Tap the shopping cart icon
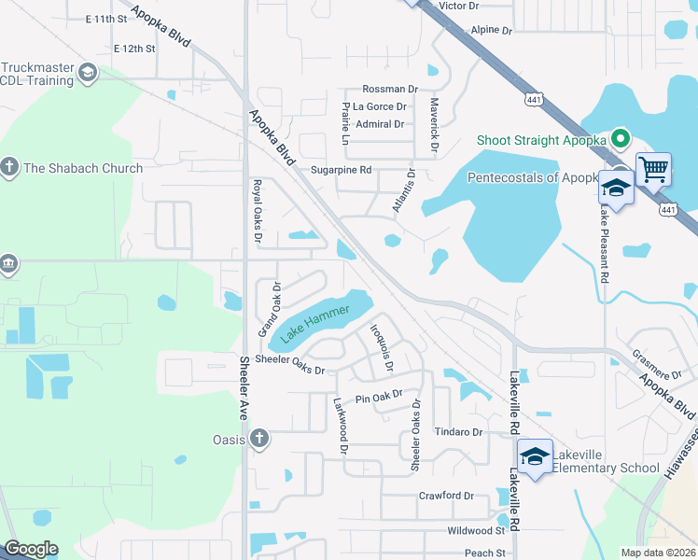(653, 171)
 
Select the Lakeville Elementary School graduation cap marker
(535, 457)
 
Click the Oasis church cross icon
(259, 439)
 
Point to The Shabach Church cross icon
(9, 168)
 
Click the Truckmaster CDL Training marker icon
(87, 73)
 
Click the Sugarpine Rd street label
(342, 170)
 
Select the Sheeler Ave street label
(244, 387)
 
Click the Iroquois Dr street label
(381, 344)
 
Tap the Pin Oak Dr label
(378, 398)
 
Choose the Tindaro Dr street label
(458, 432)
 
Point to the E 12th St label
(133, 48)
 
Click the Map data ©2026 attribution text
(658, 553)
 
